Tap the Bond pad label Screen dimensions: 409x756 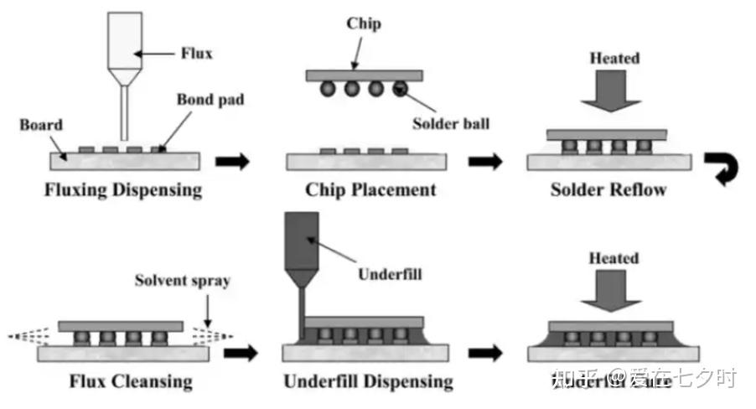coord(210,100)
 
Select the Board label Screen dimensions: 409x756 coord(41,125)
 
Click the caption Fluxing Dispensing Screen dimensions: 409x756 coord(123,189)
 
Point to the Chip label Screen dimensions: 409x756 coord(364,23)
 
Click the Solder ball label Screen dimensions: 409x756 coord(450,123)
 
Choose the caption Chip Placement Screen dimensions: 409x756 coord(370,189)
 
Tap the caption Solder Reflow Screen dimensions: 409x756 coord(608,189)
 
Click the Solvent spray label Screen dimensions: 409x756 coord(182,280)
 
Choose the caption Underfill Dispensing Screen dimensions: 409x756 coord(368,382)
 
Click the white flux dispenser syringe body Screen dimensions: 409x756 coord(124,38)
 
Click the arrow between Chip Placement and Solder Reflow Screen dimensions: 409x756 coord(484,162)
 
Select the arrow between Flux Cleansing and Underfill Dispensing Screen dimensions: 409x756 coord(241,353)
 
